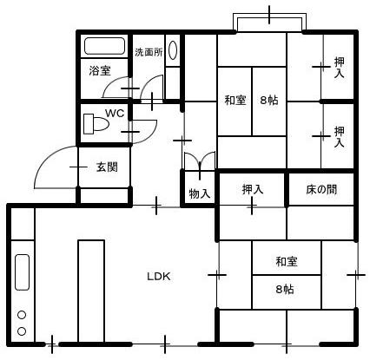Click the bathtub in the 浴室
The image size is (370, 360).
click(x=104, y=46)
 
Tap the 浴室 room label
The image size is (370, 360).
click(x=100, y=70)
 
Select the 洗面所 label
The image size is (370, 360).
click(x=149, y=52)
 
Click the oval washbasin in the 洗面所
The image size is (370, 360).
click(x=173, y=50)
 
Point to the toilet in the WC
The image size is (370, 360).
click(x=96, y=124)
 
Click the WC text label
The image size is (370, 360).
click(x=115, y=113)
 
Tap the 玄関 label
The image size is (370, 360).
click(x=107, y=167)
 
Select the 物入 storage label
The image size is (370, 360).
click(x=200, y=193)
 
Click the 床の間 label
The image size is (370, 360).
click(x=321, y=190)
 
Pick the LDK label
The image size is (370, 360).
click(x=159, y=277)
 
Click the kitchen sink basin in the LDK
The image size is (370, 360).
click(x=22, y=272)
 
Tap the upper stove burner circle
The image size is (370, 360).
click(x=22, y=315)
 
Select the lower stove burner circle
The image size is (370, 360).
click(x=22, y=331)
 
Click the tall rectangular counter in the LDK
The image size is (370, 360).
click(x=91, y=291)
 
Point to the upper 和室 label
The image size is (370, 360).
click(x=235, y=101)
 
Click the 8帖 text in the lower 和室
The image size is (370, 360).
click(x=285, y=289)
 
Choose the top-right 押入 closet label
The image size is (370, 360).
click(x=339, y=68)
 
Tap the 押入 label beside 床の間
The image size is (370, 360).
click(x=253, y=189)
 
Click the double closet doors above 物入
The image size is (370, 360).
click(x=200, y=160)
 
